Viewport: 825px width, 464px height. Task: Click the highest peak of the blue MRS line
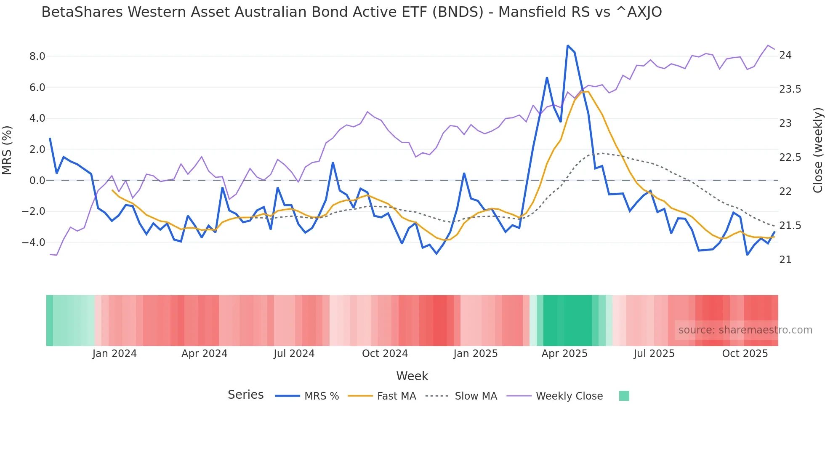pyautogui.click(x=567, y=45)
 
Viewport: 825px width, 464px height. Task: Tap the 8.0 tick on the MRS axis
pyautogui.click(x=37, y=56)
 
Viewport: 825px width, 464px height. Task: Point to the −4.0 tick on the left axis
pyautogui.click(x=34, y=243)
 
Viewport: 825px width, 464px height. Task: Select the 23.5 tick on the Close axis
pyautogui.click(x=790, y=89)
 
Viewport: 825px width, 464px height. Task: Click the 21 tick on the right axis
pyautogui.click(x=785, y=260)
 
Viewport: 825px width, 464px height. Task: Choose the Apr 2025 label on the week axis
pyautogui.click(x=564, y=354)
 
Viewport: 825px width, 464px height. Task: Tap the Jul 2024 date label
pyautogui.click(x=294, y=354)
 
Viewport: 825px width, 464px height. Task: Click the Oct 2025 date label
pyautogui.click(x=745, y=354)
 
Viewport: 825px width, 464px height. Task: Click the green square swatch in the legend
pyautogui.click(x=624, y=396)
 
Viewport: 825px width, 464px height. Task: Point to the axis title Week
pyautogui.click(x=412, y=376)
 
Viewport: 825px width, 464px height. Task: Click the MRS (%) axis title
pyautogui.click(x=7, y=150)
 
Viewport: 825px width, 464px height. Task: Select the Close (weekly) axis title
pyautogui.click(x=817, y=150)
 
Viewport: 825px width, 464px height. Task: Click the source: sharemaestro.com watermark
pyautogui.click(x=745, y=330)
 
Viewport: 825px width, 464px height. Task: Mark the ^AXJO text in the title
pyautogui.click(x=639, y=12)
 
